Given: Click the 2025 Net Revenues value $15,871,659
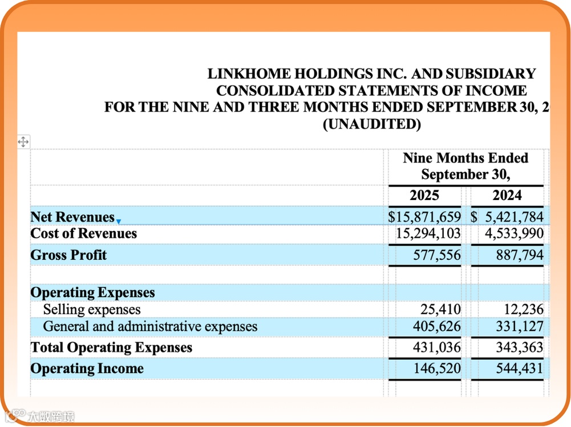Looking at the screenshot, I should click(x=424, y=217).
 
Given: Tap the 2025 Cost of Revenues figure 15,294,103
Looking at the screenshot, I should click(x=428, y=234).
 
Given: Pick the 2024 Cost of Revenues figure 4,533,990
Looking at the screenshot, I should click(x=514, y=234).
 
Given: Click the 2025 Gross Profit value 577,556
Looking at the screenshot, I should click(x=436, y=255).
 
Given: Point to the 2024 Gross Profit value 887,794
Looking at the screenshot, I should click(x=520, y=255).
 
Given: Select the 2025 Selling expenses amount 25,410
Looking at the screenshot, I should click(x=439, y=310).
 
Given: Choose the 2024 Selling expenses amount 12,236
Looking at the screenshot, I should click(x=524, y=310).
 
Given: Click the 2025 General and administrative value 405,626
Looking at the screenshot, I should click(x=436, y=327).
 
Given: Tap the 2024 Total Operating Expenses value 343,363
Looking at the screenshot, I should click(x=520, y=347).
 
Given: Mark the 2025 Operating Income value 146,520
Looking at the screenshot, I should click(x=436, y=368).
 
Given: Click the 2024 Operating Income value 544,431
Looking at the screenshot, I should click(x=520, y=368).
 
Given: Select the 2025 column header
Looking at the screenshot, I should click(x=424, y=196).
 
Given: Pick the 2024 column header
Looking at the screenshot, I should click(x=507, y=196).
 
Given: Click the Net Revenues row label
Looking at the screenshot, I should click(x=72, y=217).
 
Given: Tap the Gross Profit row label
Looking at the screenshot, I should click(x=68, y=255).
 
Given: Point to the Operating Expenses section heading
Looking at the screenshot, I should click(x=92, y=292).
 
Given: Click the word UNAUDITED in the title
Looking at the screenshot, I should click(x=371, y=124).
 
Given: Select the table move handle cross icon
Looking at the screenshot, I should click(x=23, y=142).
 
